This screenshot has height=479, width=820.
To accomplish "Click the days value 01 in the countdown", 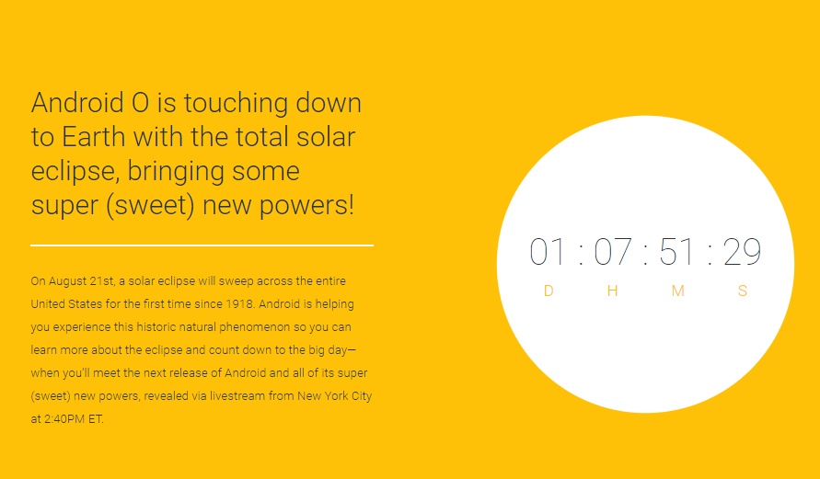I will (549, 253).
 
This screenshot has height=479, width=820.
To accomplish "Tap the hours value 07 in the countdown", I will (613, 253).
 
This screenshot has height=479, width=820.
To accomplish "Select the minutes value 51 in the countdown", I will (677, 253).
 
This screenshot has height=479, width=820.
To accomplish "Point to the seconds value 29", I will (742, 253).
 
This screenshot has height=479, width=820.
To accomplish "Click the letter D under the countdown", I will (549, 291).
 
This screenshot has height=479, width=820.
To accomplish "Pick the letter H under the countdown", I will (613, 291).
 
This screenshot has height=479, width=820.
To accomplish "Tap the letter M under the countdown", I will (678, 291).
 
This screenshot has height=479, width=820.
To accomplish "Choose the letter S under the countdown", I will (743, 291).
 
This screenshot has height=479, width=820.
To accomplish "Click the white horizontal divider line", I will (202, 245).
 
